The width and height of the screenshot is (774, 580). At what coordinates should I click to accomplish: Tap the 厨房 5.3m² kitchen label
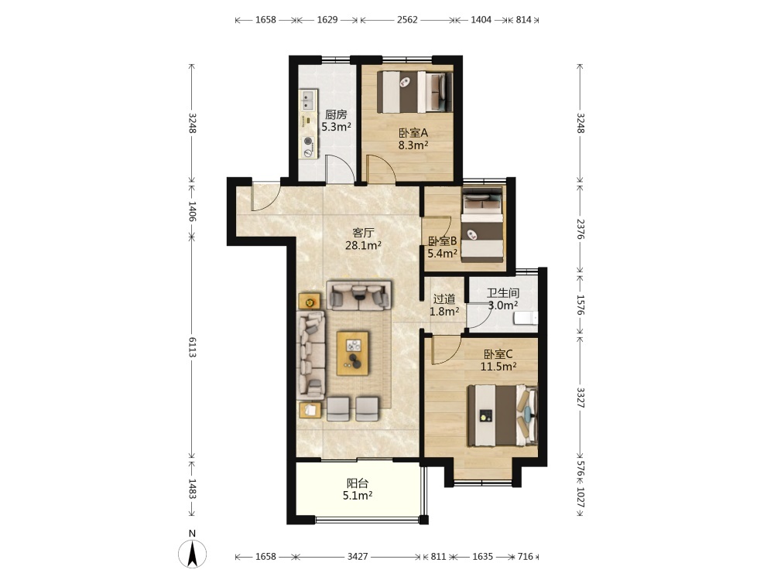tap(336, 121)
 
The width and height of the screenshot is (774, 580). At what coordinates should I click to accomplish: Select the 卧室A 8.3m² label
tap(413, 138)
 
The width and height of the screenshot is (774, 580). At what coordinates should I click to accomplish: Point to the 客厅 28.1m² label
tap(363, 239)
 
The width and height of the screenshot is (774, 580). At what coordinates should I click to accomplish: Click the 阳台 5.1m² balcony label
tap(358, 490)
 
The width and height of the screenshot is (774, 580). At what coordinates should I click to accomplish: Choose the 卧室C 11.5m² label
tap(498, 360)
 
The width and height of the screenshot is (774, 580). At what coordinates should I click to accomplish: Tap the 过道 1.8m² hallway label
tap(444, 305)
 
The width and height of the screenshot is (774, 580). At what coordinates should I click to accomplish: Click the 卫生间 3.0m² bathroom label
tap(503, 299)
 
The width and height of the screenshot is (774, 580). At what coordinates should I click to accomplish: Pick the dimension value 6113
tap(192, 348)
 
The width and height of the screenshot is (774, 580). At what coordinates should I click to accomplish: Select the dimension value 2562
tap(407, 20)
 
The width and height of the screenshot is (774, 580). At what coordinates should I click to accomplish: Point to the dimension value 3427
tap(358, 556)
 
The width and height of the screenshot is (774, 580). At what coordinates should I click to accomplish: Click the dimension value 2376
tap(580, 230)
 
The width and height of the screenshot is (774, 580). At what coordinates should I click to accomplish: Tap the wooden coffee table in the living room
tap(352, 353)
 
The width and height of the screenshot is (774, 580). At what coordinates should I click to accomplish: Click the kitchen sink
tap(308, 101)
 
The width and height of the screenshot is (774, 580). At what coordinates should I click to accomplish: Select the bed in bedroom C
tap(502, 416)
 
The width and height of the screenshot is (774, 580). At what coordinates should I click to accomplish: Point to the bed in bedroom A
tap(415, 92)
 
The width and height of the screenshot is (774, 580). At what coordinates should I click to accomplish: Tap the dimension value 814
tap(523, 20)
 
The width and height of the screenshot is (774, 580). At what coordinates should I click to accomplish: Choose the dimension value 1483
tap(192, 489)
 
